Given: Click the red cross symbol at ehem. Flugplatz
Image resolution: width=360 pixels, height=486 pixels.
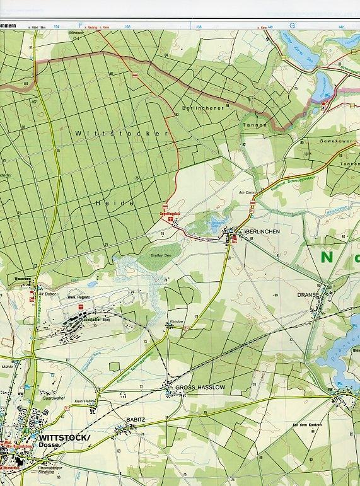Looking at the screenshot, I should click(x=80, y=307).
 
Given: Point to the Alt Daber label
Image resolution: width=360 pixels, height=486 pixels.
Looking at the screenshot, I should click(x=47, y=294).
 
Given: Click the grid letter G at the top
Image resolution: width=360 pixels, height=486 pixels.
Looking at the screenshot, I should click(x=292, y=25).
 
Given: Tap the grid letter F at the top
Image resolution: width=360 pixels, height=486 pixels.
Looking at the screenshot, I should click(x=81, y=25).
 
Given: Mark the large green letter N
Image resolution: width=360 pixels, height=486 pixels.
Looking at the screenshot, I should click(x=327, y=257).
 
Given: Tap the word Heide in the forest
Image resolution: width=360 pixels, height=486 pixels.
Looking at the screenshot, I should click(x=115, y=203).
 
